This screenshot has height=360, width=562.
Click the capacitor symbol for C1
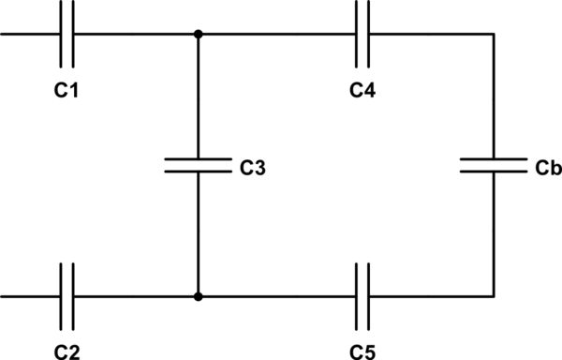click(67, 36)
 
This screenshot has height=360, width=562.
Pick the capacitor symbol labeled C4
click(365, 36)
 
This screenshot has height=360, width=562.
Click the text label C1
click(66, 93)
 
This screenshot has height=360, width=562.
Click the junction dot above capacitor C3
click(198, 36)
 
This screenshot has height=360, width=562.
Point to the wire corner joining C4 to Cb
click(494, 36)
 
